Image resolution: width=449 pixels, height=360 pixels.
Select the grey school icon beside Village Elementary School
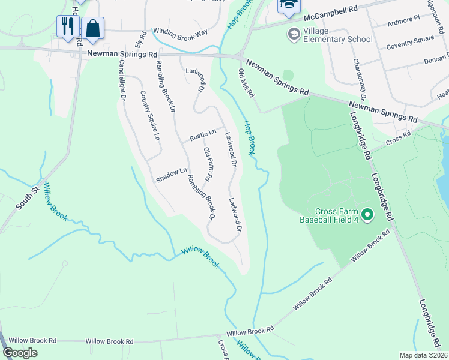coord(294,32)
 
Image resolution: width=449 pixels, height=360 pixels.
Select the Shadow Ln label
coord(171,176)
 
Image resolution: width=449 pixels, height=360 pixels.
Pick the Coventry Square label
coord(410,45)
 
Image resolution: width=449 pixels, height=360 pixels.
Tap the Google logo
coord(20,353)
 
